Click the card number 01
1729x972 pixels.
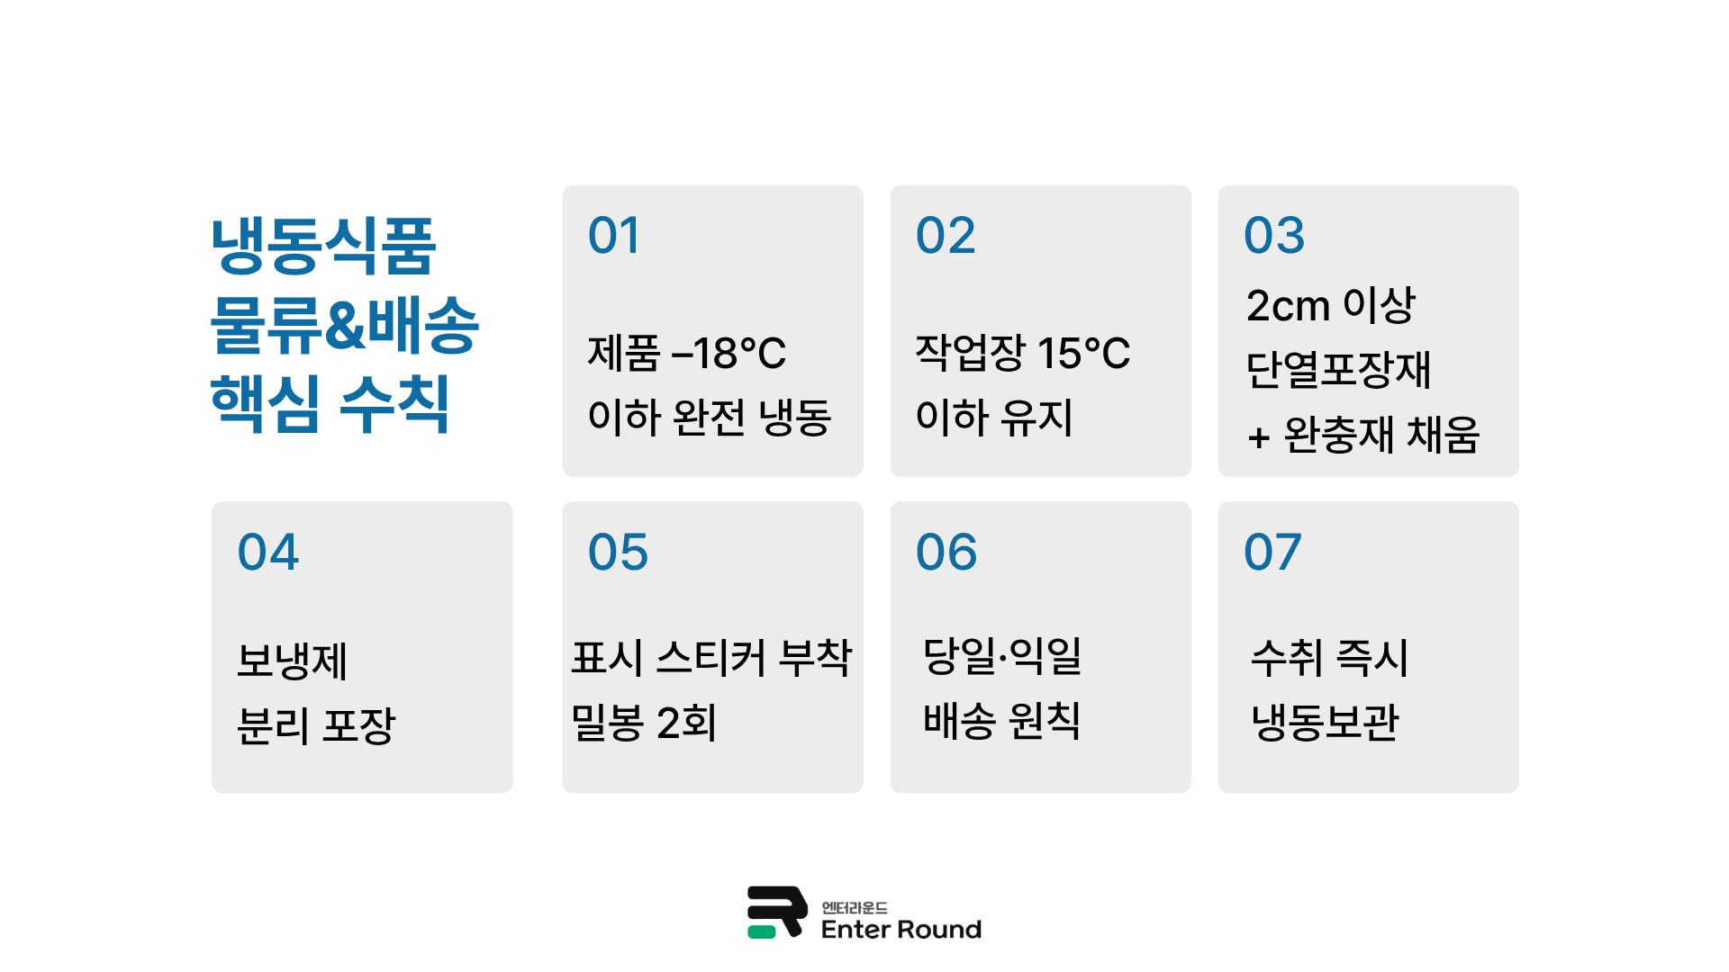613,236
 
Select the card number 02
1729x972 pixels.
945,236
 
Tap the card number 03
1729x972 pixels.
1273,236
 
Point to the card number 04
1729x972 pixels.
267,552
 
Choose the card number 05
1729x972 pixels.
618,552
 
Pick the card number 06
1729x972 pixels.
946,552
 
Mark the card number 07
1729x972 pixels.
1272,552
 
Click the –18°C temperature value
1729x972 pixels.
729,353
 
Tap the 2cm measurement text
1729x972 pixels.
1288,306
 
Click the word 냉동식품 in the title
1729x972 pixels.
323,246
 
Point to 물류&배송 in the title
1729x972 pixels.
344,324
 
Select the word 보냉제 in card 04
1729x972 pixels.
292,661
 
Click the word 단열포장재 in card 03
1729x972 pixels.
1338,370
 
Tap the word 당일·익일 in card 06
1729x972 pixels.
1002,656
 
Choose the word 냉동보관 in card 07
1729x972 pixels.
1325,722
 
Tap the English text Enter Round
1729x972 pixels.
901,930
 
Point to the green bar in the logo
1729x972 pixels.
761,932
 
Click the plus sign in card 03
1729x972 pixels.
1258,438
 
